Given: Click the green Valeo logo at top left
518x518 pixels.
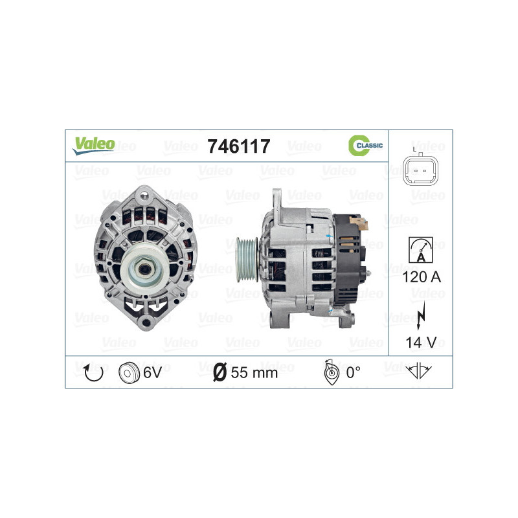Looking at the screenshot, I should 93,146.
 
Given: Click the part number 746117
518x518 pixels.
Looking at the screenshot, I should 238,146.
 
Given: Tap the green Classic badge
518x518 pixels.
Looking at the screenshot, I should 366,146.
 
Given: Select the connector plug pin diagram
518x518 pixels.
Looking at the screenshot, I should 420,174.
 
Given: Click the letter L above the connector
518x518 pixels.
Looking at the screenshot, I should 414,150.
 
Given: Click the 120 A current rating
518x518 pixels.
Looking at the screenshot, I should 420,277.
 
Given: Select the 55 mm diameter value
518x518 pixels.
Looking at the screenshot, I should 254,372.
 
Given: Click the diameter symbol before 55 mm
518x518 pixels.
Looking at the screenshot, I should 219,372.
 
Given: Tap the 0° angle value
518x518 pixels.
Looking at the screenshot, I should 353,372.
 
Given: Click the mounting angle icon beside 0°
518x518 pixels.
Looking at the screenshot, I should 330,372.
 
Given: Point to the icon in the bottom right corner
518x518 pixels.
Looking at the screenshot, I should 420,372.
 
